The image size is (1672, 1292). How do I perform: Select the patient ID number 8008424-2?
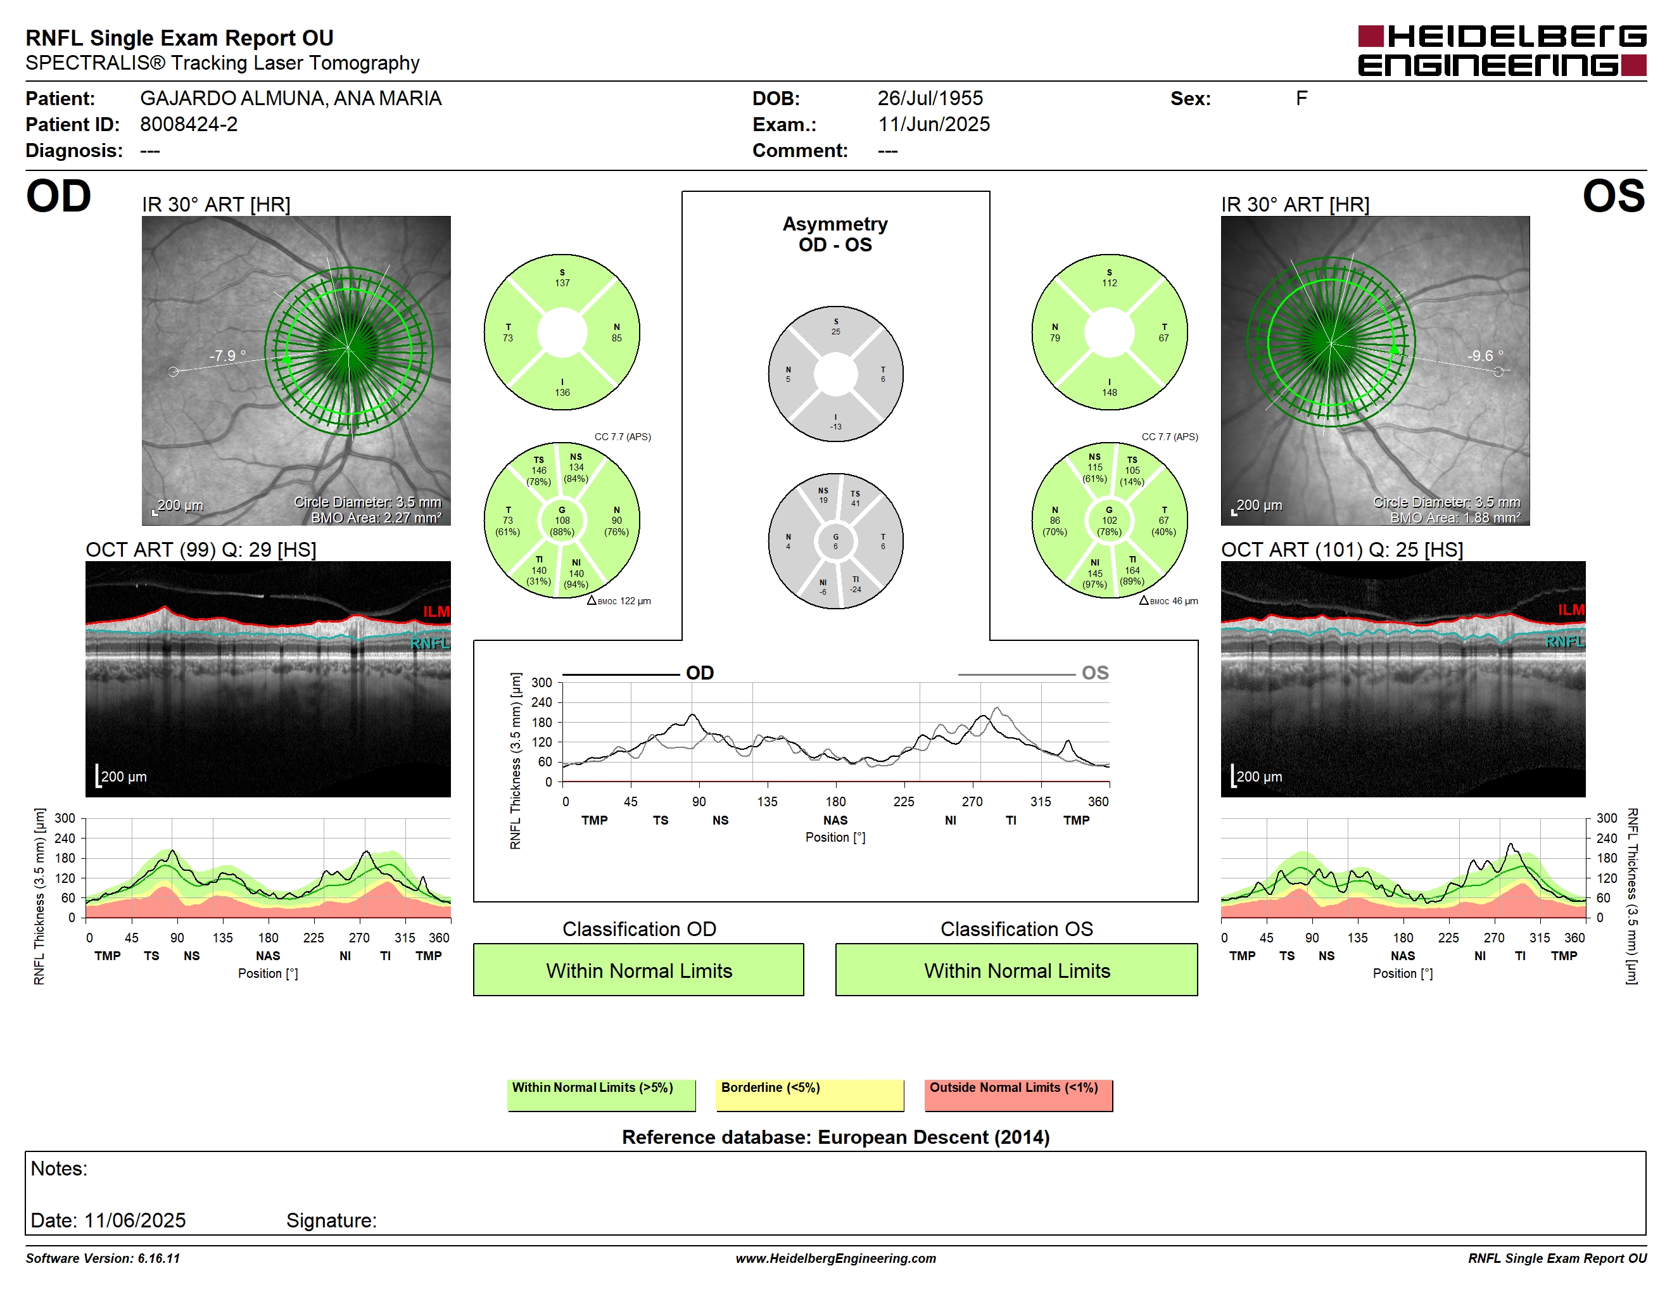point(188,124)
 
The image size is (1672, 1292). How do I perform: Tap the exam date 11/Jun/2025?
point(934,124)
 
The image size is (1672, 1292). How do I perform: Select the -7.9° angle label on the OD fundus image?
point(227,355)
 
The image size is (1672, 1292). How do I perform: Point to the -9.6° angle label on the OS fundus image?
point(1485,355)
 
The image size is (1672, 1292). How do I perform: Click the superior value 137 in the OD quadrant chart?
point(562,283)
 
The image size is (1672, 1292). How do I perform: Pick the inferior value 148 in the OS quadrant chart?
point(1110,393)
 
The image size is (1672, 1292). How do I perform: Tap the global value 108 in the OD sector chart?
point(562,521)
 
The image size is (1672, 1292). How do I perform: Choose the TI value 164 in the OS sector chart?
point(1132,570)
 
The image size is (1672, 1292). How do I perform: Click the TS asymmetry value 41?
point(855,503)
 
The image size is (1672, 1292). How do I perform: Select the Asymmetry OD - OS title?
point(835,234)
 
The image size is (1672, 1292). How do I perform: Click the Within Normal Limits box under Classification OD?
point(638,970)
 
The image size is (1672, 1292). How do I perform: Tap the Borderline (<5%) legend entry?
point(809,1094)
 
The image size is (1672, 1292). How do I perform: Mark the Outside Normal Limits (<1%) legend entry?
point(1018,1094)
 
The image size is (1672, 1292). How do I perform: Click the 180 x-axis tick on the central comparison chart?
point(835,801)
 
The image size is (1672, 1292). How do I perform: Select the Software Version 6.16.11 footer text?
point(103,1258)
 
